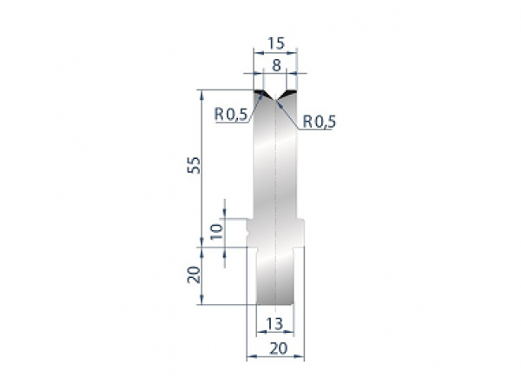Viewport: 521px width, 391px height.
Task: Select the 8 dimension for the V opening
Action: coord(275,64)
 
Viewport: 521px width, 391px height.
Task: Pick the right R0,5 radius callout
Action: coord(319,122)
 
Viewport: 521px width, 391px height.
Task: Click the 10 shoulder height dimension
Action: coord(216,231)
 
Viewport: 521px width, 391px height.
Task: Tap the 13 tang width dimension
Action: coord(274,325)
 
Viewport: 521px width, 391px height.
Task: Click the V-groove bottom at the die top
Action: coord(275,100)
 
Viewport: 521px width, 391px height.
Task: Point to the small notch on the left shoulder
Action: coord(250,232)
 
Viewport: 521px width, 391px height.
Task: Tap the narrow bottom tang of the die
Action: coord(275,278)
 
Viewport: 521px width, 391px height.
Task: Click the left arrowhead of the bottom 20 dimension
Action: coord(249,356)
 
